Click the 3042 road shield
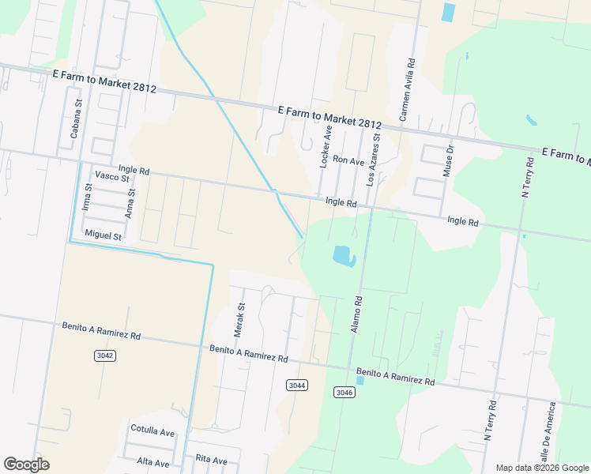pyautogui.click(x=104, y=355)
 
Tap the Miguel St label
pyautogui.click(x=103, y=235)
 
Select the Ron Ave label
pyautogui.click(x=348, y=160)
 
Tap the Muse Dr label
pyautogui.click(x=450, y=160)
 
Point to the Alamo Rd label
pyautogui.click(x=358, y=313)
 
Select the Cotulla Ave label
pyautogui.click(x=152, y=433)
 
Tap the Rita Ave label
pyautogui.click(x=211, y=460)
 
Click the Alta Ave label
pyautogui.click(x=153, y=462)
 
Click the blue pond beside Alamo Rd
pyautogui.click(x=344, y=256)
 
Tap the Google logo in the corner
pyautogui.click(x=26, y=465)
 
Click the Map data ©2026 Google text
pyautogui.click(x=542, y=468)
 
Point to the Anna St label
pyautogui.click(x=130, y=202)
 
